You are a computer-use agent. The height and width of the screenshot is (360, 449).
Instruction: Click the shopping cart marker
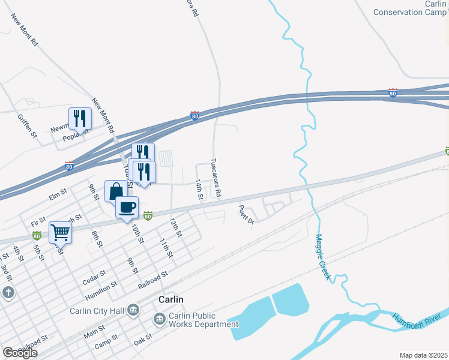60,232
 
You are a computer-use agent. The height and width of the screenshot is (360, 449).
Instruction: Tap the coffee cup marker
127,208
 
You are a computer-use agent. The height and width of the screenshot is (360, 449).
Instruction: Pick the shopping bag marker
116,191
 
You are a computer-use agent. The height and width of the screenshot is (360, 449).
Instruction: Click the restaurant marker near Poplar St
80,119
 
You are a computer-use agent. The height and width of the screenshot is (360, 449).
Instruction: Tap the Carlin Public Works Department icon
160,319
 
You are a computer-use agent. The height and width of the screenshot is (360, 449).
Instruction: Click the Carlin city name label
171,299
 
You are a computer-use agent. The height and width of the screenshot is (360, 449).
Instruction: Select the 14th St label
200,189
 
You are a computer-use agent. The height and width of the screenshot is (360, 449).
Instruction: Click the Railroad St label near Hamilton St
152,279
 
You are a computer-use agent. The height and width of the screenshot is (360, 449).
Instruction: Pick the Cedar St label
95,274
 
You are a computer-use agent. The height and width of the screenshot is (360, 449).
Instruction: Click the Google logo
20,352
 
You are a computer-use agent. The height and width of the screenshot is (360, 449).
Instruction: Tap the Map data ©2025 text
423,355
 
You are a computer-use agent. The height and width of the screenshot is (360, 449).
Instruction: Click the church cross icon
8,293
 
